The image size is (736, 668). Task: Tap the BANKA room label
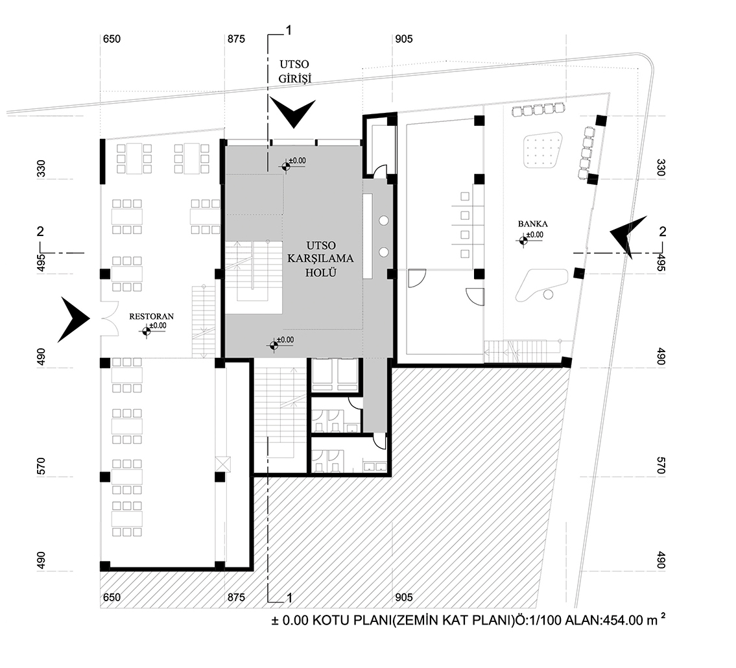(528, 224)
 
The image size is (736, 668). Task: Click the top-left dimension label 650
(112, 40)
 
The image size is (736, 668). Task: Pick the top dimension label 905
(403, 40)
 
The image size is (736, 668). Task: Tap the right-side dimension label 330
(661, 168)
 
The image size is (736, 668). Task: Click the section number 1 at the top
(289, 30)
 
